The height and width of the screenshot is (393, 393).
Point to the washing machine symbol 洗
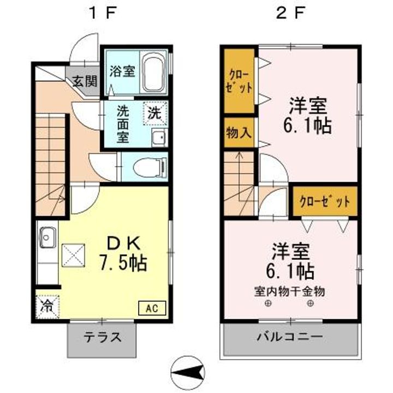[155, 114]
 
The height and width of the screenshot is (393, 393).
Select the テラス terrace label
[102, 337]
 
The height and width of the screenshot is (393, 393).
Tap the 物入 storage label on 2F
[239, 133]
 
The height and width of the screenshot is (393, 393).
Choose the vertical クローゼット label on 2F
[239, 82]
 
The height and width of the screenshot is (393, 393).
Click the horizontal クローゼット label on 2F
[324, 201]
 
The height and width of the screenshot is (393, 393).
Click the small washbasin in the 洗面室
[159, 137]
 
